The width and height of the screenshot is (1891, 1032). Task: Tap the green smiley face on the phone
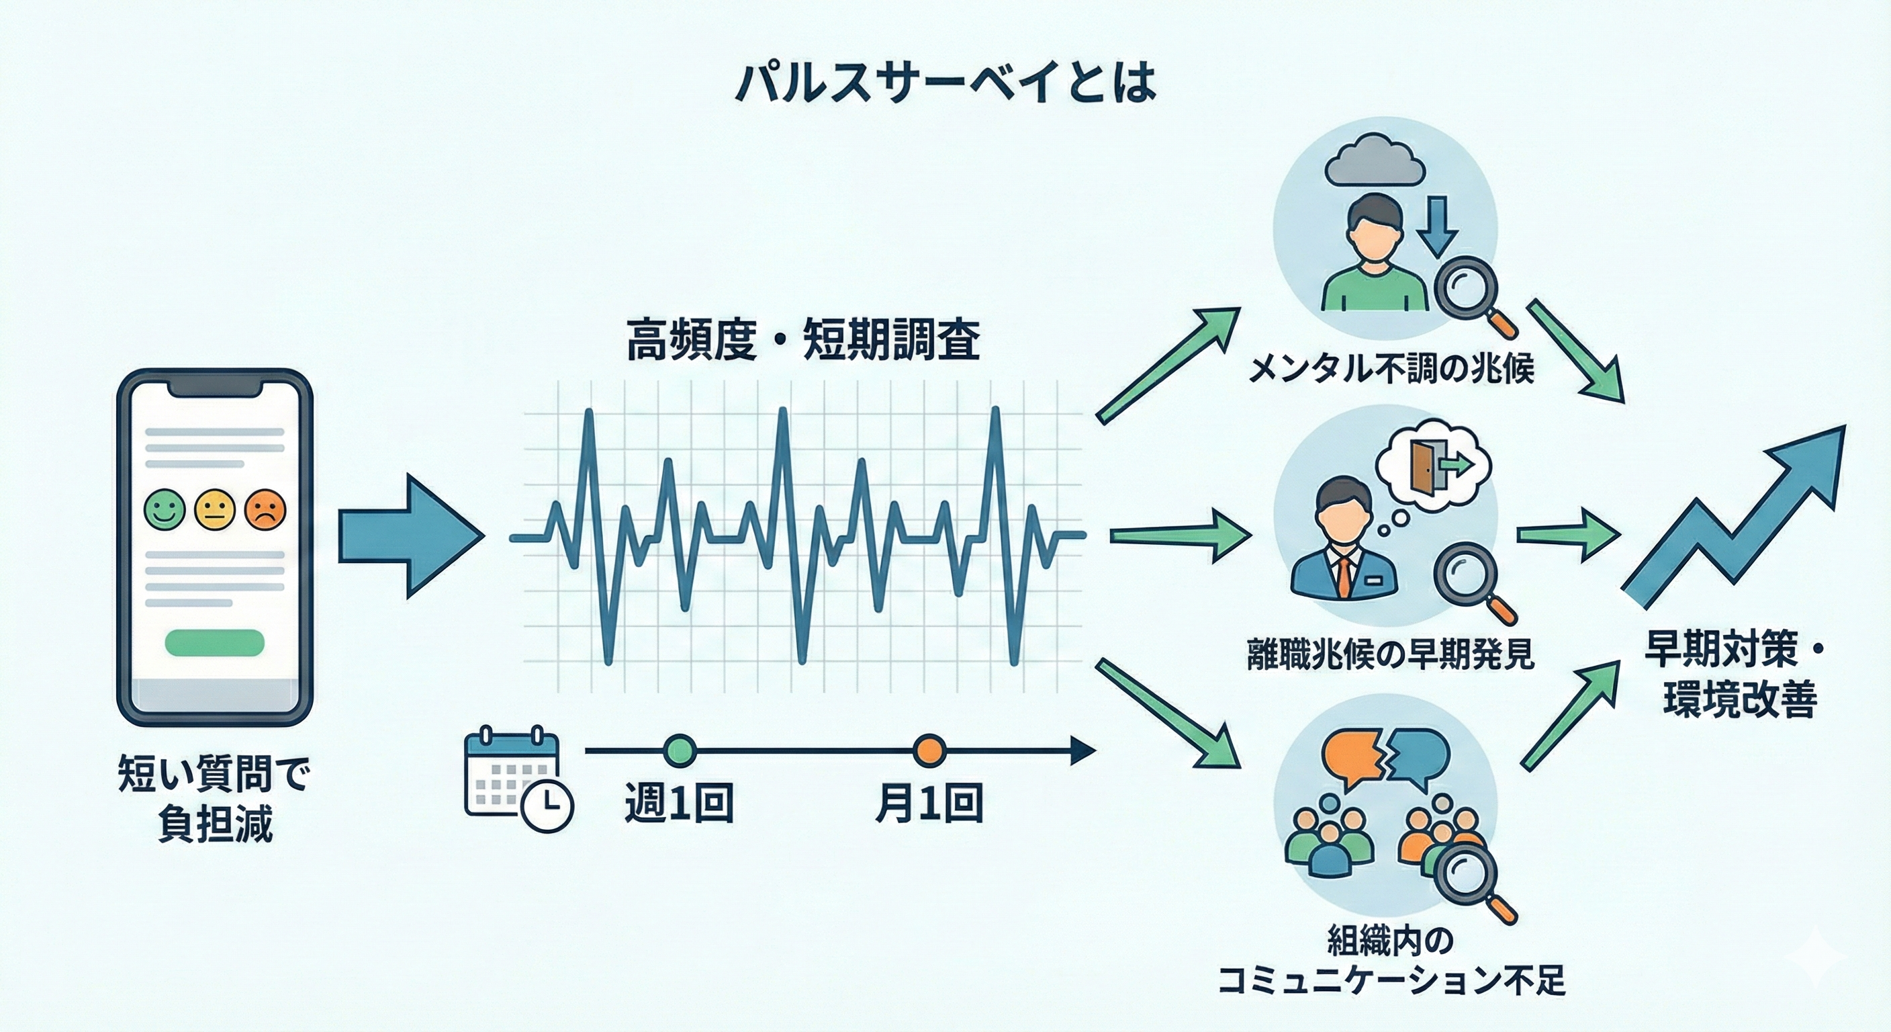165,509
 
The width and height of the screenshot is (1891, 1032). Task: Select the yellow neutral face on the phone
214,509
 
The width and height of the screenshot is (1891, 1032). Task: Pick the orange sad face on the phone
265,509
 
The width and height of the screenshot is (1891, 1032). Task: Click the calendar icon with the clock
518,779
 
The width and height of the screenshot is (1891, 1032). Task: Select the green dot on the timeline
679,750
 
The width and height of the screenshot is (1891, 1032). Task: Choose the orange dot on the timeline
929,750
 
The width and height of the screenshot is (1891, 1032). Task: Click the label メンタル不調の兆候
1391,369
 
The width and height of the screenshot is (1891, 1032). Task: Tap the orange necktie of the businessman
1342,576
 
